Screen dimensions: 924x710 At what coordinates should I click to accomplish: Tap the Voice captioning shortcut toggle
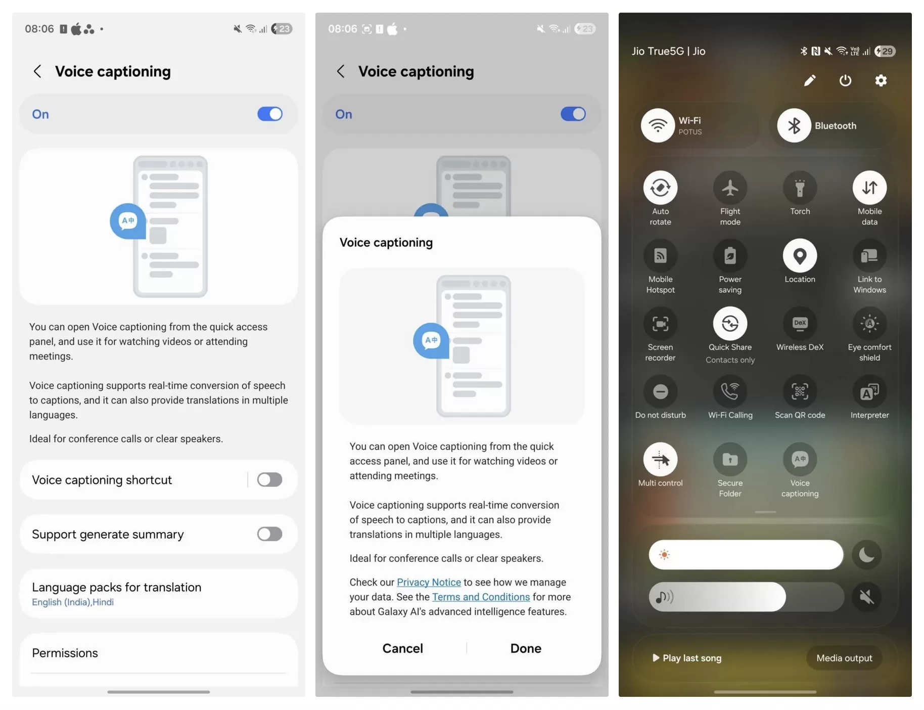click(x=269, y=479)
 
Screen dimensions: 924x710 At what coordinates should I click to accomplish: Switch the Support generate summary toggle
click(x=269, y=534)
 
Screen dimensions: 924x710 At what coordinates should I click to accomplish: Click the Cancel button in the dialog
click(x=402, y=648)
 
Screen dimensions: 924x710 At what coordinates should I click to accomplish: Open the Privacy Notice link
click(x=429, y=582)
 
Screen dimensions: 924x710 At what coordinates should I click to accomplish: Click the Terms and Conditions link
click(x=481, y=597)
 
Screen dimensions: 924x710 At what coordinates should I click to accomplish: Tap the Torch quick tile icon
click(x=800, y=188)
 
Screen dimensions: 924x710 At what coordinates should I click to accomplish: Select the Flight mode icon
click(x=730, y=188)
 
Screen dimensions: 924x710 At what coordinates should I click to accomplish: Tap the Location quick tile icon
click(x=800, y=256)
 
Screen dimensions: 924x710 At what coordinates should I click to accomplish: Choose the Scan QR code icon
click(x=800, y=391)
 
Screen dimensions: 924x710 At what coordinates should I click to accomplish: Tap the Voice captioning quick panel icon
click(x=800, y=459)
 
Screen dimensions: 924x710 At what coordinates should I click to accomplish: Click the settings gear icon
click(x=881, y=80)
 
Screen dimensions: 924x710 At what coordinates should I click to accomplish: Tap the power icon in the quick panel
click(x=845, y=80)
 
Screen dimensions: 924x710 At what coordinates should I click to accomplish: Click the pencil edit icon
click(x=810, y=80)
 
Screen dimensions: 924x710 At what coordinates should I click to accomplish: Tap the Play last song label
click(x=692, y=658)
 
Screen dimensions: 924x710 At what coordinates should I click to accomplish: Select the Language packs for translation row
click(x=159, y=594)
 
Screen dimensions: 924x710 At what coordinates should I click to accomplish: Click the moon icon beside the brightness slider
click(x=866, y=555)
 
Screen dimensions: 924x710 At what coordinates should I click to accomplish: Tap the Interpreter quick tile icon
click(x=869, y=391)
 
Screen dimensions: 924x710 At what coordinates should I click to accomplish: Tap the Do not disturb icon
click(x=660, y=391)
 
